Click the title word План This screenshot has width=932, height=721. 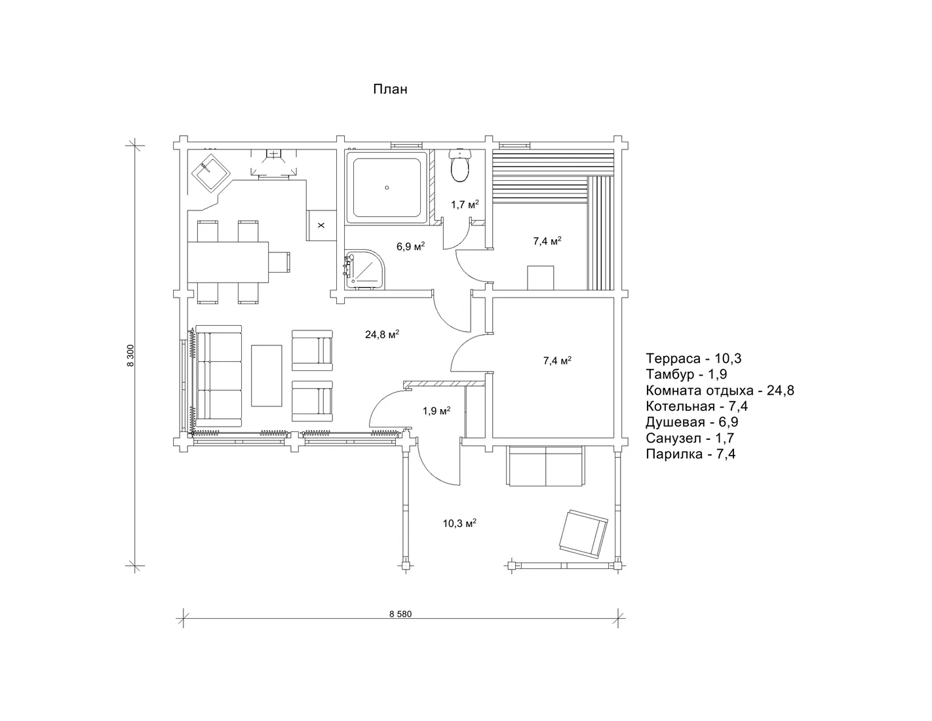(x=390, y=89)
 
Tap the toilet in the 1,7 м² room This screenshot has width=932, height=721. (x=460, y=166)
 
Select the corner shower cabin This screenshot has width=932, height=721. (x=364, y=270)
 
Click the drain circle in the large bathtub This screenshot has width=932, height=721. (x=387, y=188)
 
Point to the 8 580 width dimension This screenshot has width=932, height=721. (x=400, y=614)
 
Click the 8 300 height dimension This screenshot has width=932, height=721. (x=131, y=355)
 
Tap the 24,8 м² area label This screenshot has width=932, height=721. (x=382, y=334)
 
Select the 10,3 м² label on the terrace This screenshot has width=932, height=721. (x=460, y=523)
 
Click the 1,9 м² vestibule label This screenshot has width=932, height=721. (x=437, y=411)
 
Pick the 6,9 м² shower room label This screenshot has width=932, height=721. (x=410, y=246)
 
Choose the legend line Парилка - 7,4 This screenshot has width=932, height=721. (x=691, y=454)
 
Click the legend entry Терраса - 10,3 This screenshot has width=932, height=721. (x=693, y=358)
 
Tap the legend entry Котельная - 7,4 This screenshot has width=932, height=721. (x=697, y=406)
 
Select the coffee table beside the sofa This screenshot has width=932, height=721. (x=266, y=376)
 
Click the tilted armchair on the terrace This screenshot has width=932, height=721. (x=584, y=534)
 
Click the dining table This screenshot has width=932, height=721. (x=228, y=262)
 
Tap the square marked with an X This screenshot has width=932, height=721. (x=320, y=225)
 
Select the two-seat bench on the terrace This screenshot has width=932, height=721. (x=545, y=466)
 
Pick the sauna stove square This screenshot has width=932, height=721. (x=541, y=278)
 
